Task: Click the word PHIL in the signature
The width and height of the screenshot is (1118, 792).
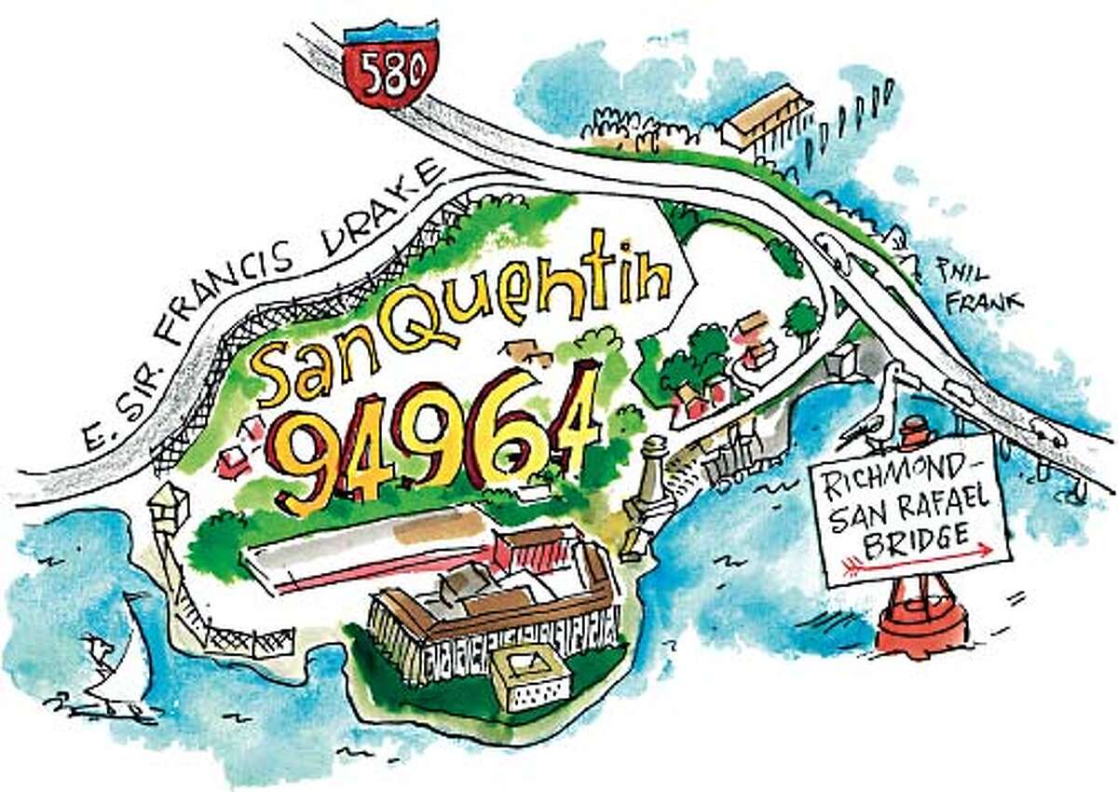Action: point(961,273)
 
